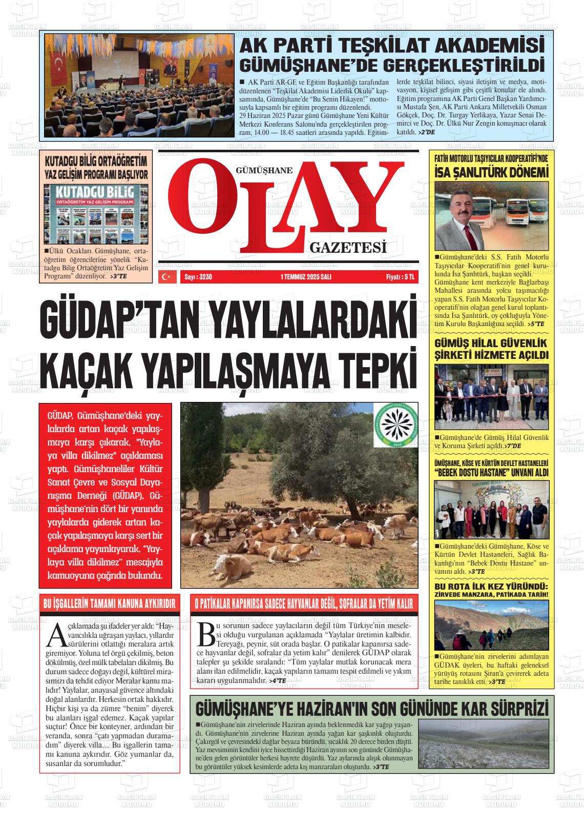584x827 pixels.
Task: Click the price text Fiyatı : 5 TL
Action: (x=400, y=277)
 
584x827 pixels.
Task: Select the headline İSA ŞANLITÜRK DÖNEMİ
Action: (x=491, y=173)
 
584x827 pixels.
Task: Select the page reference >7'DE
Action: (x=512, y=447)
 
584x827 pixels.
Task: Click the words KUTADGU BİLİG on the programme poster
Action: (x=96, y=193)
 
